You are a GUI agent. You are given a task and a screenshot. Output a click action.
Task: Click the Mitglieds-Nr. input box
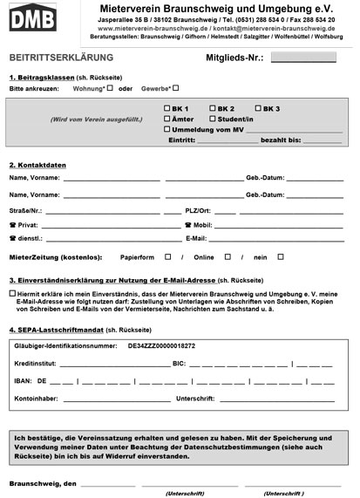tap(302, 58)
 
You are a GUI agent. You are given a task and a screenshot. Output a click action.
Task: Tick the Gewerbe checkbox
tap(175, 87)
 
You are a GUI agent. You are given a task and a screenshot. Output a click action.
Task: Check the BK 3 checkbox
tap(255, 107)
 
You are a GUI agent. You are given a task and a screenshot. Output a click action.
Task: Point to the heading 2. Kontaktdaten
tap(40, 165)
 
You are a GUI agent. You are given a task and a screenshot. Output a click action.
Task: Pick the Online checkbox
tap(228, 256)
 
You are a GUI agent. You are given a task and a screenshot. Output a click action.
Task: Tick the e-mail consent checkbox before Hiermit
tap(12, 294)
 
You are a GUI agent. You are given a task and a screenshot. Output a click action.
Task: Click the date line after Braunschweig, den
tap(108, 483)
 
